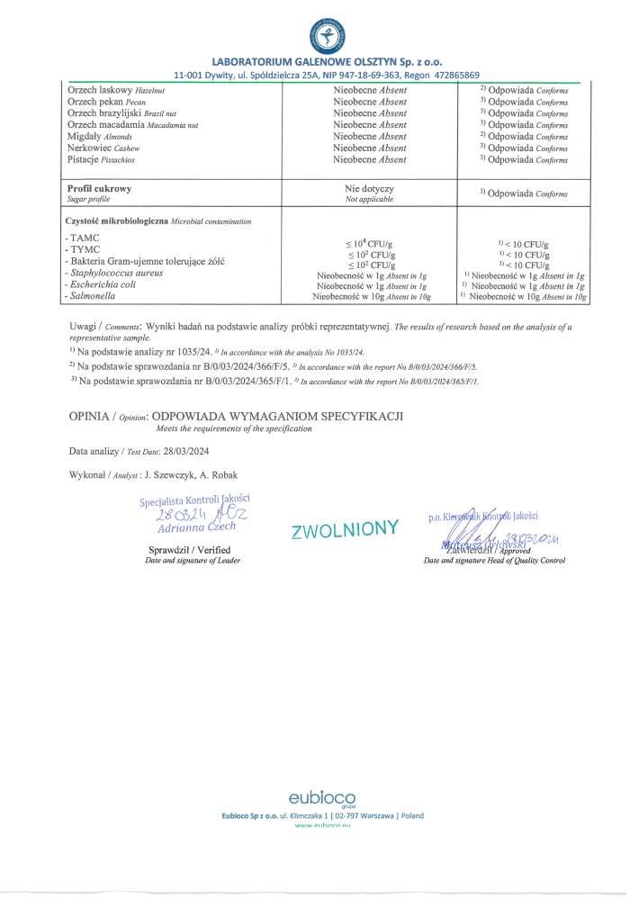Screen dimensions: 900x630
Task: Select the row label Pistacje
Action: [x=87, y=159]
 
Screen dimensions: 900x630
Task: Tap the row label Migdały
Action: [x=85, y=136]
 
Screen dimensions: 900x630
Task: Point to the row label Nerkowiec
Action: [x=92, y=148]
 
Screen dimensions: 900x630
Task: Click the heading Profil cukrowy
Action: [x=100, y=189]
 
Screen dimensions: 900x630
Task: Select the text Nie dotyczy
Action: [x=370, y=189]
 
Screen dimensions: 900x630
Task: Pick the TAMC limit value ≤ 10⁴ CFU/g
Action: [x=370, y=244]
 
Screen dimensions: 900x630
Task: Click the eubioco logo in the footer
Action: [x=321, y=798]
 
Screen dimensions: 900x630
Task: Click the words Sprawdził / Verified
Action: [x=189, y=550]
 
